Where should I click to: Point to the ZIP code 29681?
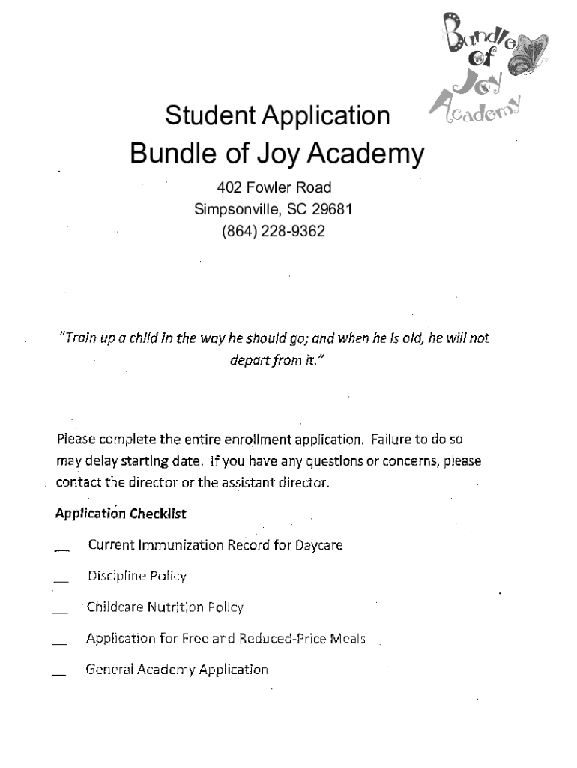[x=333, y=209]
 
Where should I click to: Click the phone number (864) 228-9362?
[x=273, y=231]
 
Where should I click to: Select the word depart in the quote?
[x=249, y=361]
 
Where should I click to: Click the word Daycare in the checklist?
[x=318, y=545]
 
